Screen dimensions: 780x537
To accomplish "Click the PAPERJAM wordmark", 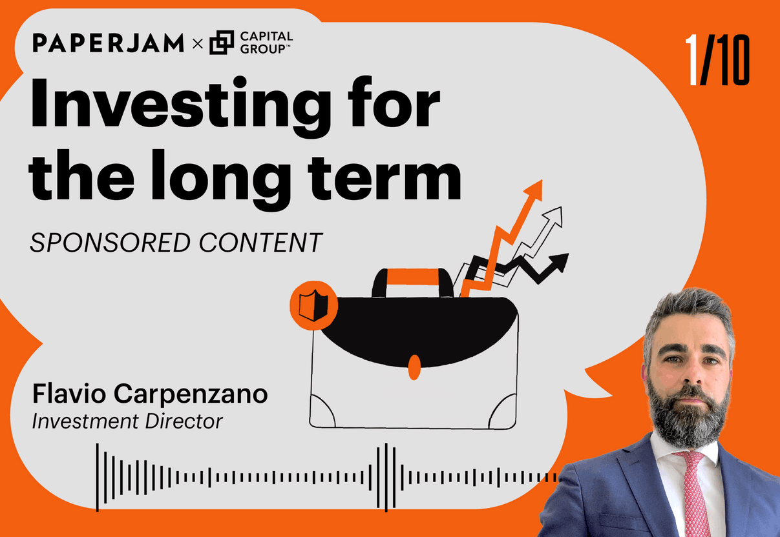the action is coord(109,43).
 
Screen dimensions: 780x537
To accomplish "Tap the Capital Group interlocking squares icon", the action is coord(222,43).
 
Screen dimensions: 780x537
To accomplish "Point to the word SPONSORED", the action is coord(111,243).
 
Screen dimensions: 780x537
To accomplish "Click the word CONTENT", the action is coord(261,243).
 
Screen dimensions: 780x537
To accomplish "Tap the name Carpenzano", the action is coord(191,394).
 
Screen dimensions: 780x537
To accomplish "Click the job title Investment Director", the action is coord(127,421).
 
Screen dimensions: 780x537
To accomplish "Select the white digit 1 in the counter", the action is coord(692,59).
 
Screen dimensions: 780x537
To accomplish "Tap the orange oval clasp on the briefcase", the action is coord(414,367).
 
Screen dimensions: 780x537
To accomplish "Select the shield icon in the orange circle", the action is coord(313,305).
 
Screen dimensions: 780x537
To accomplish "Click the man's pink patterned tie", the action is coord(693,494).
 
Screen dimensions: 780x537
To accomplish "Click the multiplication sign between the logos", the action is coord(198,44).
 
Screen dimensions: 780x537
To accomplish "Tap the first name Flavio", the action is coord(69,394).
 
